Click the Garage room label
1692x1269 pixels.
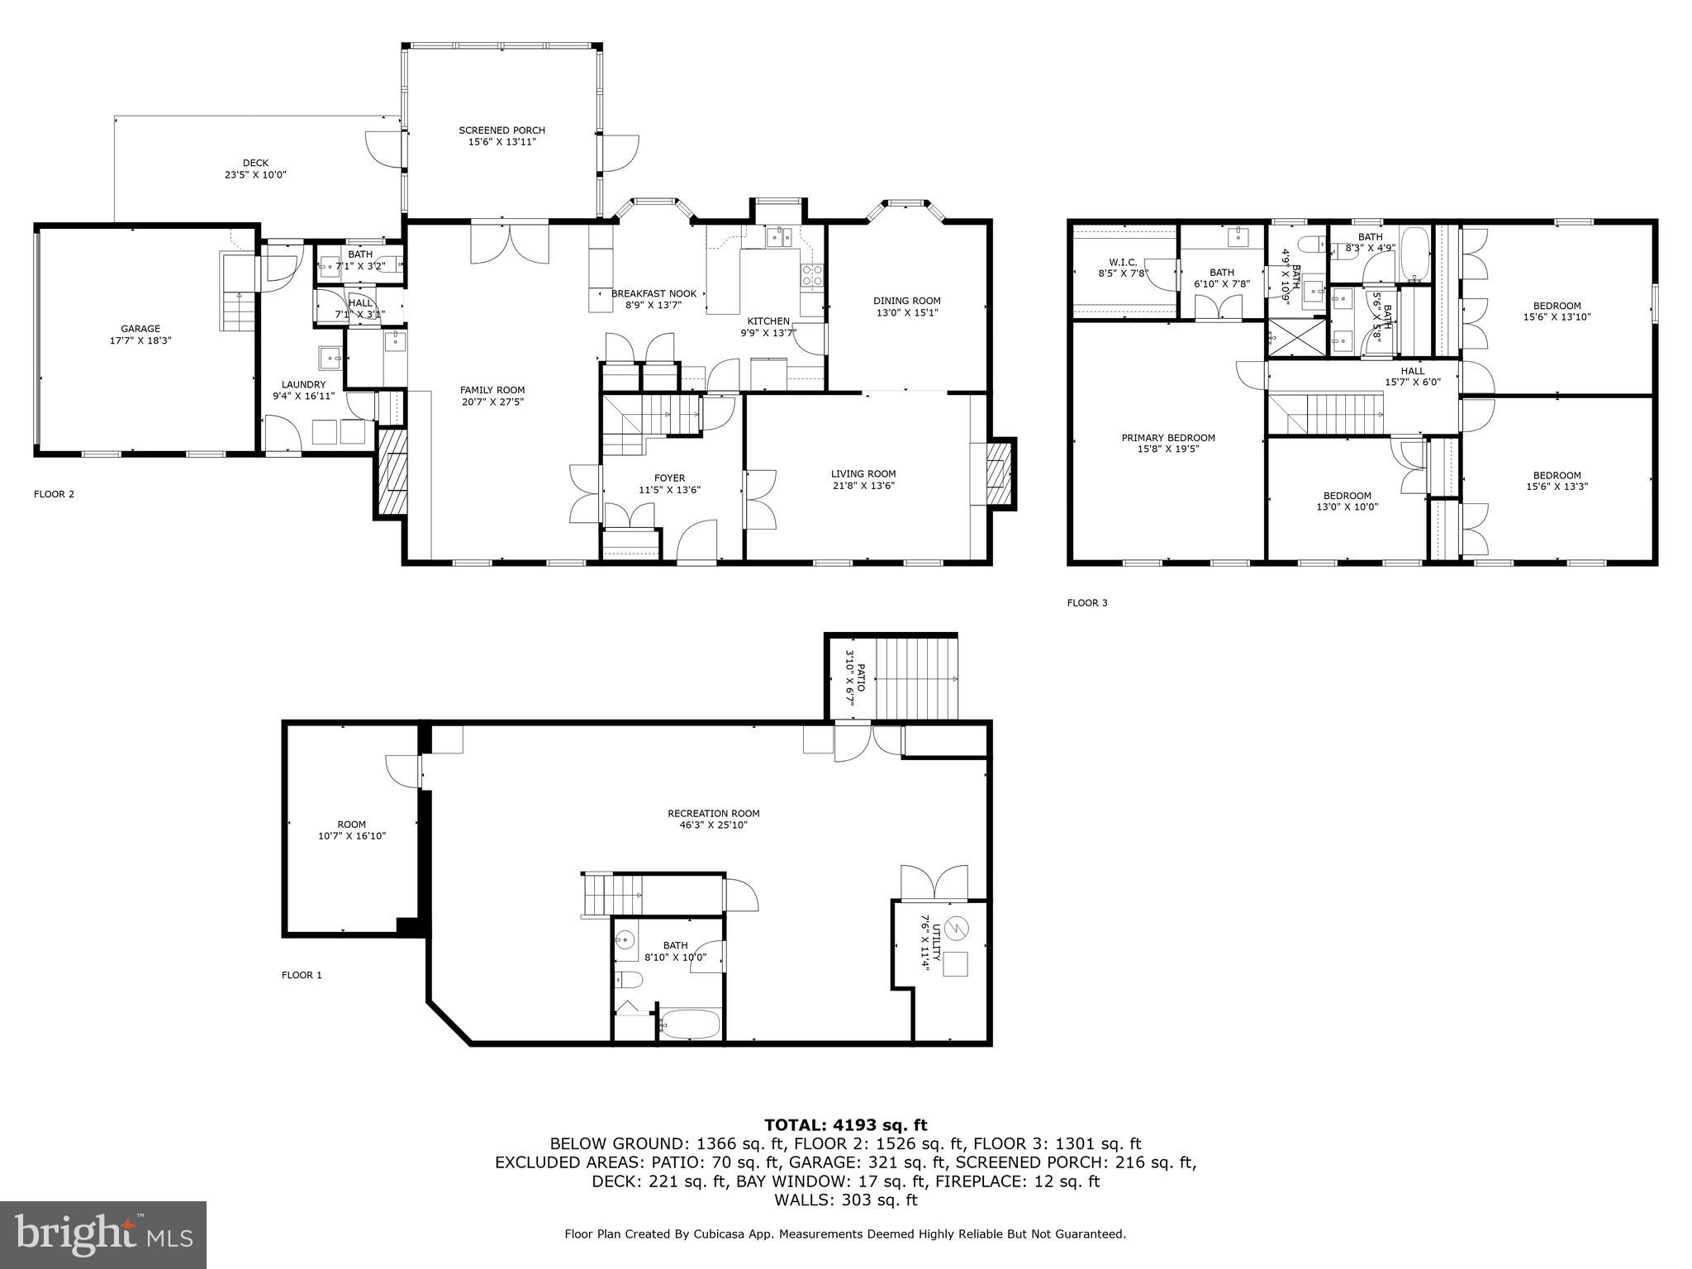140,329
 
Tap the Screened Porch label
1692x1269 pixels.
501,131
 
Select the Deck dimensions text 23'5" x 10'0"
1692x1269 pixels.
255,174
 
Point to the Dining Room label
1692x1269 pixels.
906,301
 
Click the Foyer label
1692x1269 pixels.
668,478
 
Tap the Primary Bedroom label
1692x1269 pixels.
1167,438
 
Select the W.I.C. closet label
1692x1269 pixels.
1123,262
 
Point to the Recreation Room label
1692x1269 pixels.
713,813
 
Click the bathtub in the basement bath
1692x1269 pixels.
691,1024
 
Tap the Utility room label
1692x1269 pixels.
924,943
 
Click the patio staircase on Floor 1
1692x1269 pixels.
915,677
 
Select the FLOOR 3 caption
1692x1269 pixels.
1086,603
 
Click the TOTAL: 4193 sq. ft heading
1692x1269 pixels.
845,1124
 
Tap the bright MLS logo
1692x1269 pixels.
103,1235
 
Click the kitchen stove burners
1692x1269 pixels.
811,274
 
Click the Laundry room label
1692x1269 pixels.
303,384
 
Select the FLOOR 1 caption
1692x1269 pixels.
302,975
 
